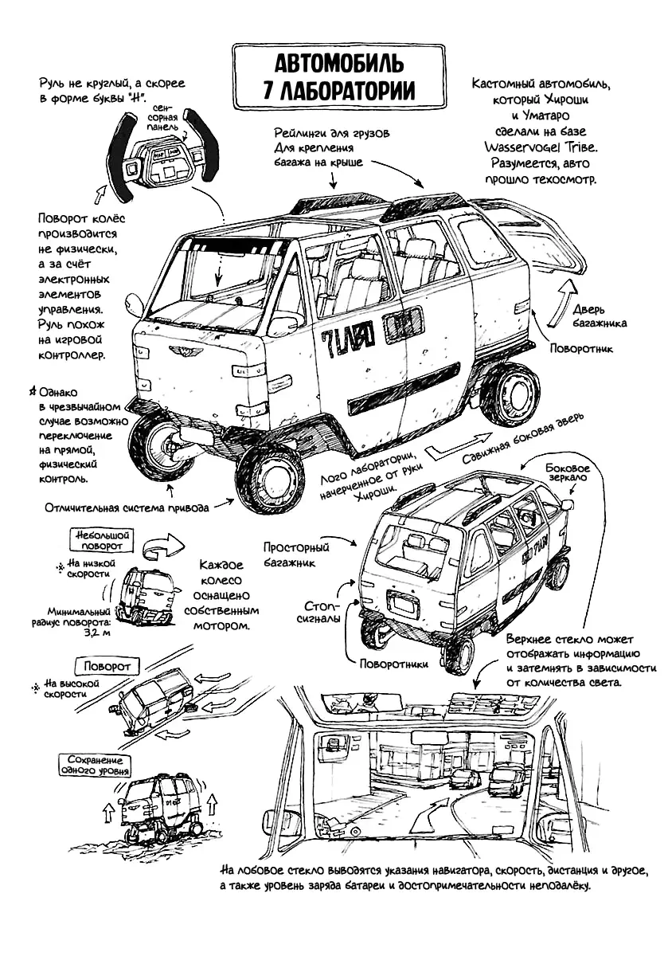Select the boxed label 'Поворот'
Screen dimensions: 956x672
(x=107, y=665)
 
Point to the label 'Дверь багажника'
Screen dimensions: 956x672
(x=600, y=315)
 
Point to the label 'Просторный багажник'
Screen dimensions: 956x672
(x=295, y=554)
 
